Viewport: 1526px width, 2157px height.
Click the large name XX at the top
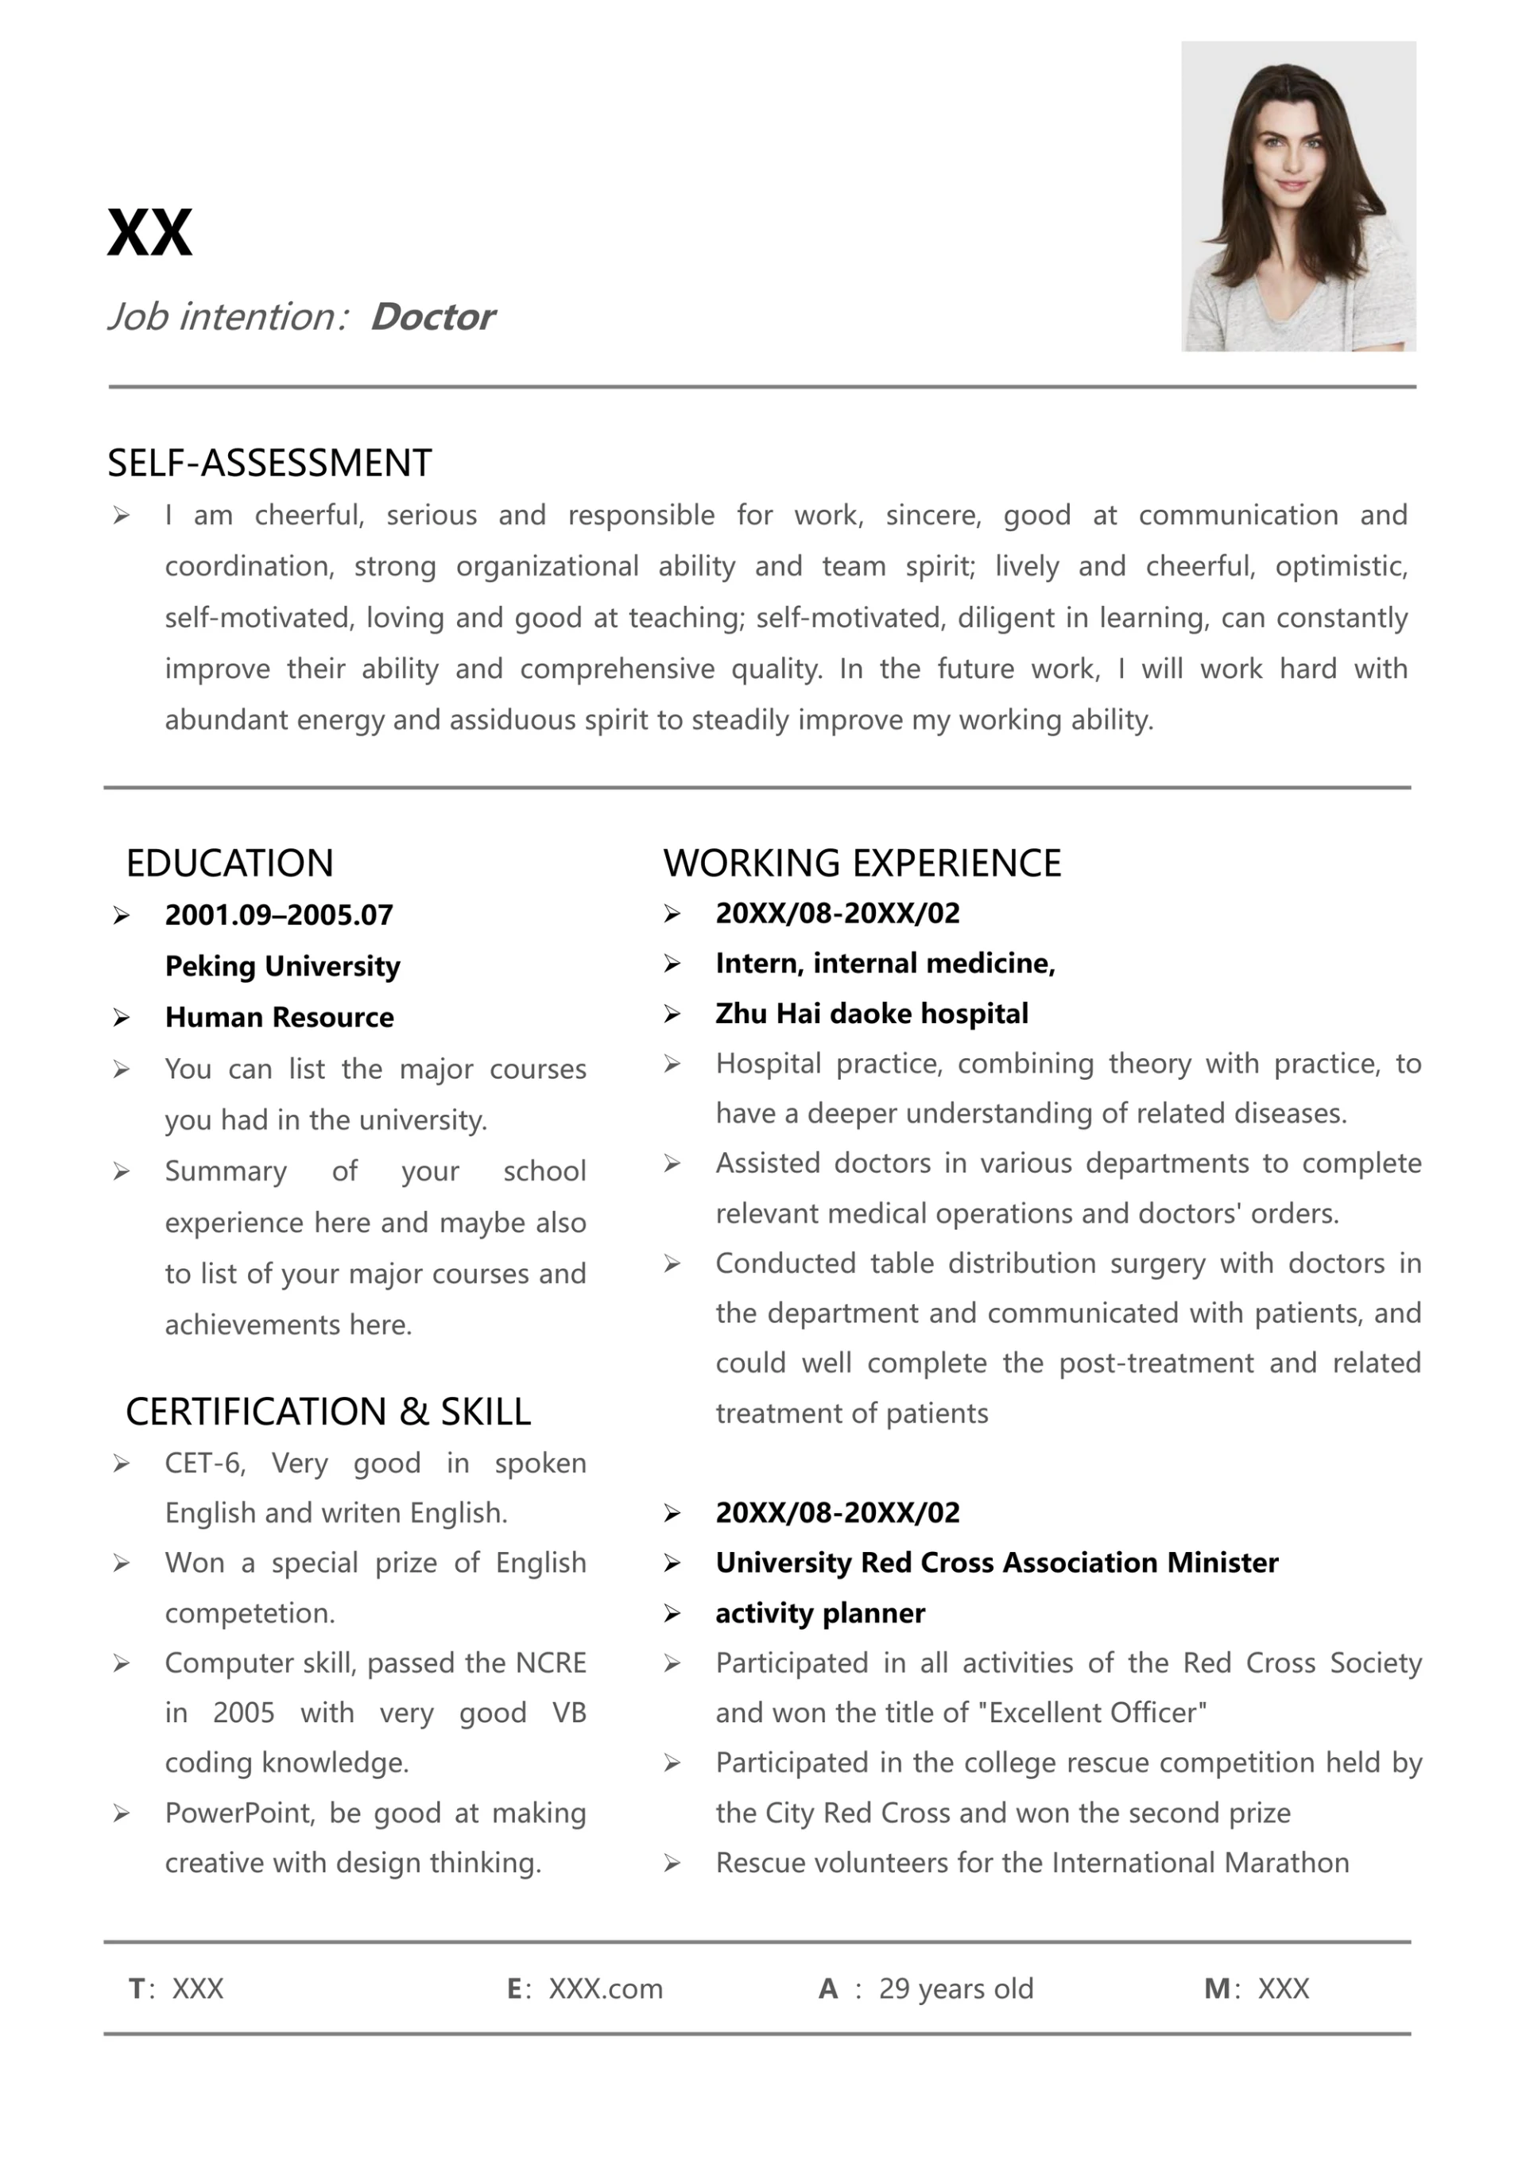[x=149, y=232]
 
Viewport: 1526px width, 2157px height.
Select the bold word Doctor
[x=432, y=316]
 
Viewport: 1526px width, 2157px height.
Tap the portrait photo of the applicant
[x=1298, y=196]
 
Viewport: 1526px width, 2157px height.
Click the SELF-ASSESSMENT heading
[x=269, y=463]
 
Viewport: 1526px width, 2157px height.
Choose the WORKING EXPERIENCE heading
[x=862, y=863]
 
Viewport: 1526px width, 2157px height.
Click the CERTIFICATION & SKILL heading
[x=328, y=1412]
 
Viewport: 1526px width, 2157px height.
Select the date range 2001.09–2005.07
[x=278, y=914]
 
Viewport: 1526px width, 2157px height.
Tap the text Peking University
[x=282, y=966]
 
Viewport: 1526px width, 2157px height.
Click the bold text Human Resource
[x=279, y=1017]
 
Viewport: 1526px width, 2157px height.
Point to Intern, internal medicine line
[x=885, y=964]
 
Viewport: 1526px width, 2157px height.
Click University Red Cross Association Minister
[x=996, y=1562]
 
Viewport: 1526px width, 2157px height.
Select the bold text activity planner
[x=819, y=1613]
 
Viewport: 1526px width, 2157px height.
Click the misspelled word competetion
[x=249, y=1613]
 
